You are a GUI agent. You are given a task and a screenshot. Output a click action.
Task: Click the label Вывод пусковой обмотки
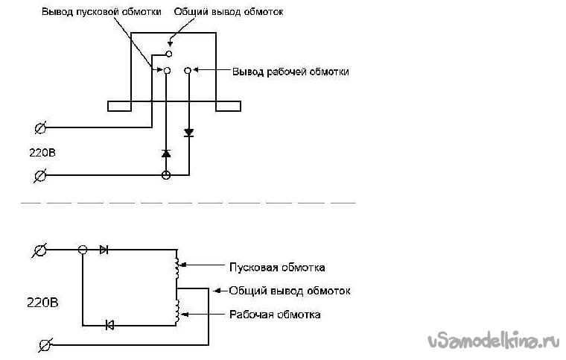coord(101,12)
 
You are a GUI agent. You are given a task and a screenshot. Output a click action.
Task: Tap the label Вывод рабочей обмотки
coord(290,72)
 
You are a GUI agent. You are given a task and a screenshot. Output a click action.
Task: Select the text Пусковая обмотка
coord(277,268)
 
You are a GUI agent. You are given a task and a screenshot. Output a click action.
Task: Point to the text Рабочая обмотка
coord(275,315)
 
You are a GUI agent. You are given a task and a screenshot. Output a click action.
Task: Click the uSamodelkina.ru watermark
coord(494,340)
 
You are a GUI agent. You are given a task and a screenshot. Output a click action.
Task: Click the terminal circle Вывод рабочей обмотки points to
coord(188,70)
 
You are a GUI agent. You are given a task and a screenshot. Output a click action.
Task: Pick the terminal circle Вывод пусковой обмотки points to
coord(167,70)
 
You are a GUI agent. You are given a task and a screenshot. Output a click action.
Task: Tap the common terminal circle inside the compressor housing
coord(168,54)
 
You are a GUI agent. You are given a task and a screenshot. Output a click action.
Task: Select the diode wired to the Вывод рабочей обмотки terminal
coord(188,133)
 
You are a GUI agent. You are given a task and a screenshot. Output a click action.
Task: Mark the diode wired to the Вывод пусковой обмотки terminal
coord(166,154)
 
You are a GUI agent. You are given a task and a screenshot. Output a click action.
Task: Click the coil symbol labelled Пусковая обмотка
coord(177,268)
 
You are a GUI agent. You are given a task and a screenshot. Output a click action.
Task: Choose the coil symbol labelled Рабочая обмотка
coord(177,312)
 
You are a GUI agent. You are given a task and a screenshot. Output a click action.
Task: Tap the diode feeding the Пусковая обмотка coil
coord(104,250)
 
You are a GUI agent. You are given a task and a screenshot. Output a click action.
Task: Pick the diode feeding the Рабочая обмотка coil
coord(109,325)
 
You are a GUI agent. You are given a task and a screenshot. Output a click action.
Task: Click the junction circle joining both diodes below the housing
coord(166,175)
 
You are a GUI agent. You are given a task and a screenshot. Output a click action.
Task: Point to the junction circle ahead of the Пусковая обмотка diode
coord(83,250)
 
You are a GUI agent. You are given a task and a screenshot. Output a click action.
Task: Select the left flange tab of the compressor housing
coord(119,106)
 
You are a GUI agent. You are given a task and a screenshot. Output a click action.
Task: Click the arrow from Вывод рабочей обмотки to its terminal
coord(211,70)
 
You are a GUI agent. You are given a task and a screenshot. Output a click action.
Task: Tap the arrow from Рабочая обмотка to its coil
coord(203,315)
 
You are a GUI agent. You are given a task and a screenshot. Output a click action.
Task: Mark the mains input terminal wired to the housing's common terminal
coord(40,127)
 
